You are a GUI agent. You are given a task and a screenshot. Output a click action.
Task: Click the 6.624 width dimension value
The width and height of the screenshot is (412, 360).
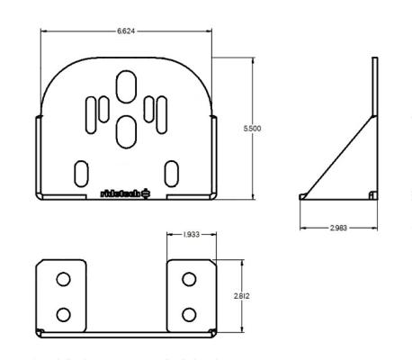126,31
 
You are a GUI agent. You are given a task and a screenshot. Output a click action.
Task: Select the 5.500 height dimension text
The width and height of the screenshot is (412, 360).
253,130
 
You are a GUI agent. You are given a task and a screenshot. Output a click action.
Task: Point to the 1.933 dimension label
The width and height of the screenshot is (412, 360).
190,235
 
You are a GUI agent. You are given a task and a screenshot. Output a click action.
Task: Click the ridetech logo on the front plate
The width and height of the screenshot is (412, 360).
126,193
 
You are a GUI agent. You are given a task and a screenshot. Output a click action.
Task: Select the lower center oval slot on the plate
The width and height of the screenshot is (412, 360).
126,132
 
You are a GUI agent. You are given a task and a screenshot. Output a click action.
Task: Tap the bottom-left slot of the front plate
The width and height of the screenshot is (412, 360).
82,171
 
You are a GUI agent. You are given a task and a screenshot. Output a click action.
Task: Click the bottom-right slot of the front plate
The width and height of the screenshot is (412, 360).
170,171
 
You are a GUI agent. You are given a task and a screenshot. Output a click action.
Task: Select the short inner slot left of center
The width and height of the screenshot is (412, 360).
104,108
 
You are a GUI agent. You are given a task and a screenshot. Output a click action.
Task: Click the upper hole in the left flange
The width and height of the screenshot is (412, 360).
63,279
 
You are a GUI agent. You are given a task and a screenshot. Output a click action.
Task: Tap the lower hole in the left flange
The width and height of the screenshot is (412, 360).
63,314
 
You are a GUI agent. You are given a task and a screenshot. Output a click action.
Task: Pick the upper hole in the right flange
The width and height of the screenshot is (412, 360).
189,279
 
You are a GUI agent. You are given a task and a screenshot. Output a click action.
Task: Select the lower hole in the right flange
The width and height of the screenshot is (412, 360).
189,314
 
